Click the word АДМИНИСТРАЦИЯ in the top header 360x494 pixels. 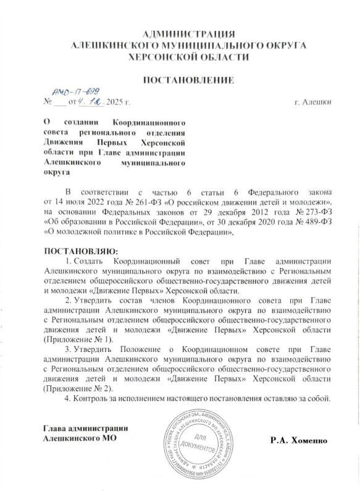click(188, 33)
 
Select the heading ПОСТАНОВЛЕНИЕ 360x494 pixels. click(188, 80)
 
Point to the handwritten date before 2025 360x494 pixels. click(91, 101)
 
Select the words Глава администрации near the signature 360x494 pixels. click(85, 429)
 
